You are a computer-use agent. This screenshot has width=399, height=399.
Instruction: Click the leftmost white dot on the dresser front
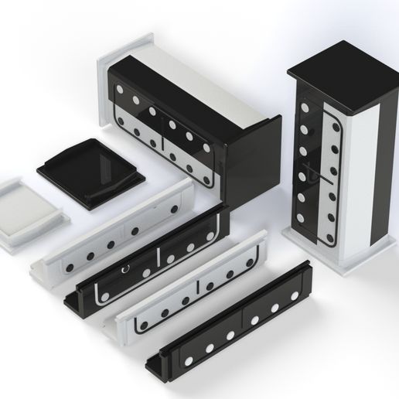click(121, 86)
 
